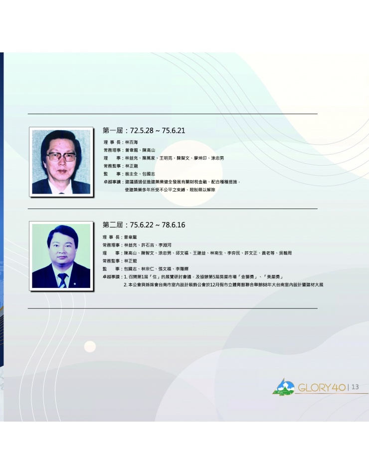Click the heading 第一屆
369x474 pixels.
(x=113, y=131)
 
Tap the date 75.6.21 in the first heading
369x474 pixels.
(x=174, y=131)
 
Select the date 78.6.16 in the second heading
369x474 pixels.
(x=174, y=225)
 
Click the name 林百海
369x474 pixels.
(x=132, y=142)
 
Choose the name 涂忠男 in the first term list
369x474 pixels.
(x=217, y=158)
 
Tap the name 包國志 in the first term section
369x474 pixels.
(x=149, y=174)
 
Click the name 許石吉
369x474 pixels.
(x=148, y=245)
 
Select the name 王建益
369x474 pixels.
(x=199, y=253)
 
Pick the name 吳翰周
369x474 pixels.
(x=285, y=253)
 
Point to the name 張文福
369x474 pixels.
(x=165, y=269)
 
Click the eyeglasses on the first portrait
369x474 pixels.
(x=62, y=157)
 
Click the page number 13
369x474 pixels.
(x=355, y=387)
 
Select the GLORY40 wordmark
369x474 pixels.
(x=322, y=388)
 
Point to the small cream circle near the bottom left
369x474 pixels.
(x=90, y=346)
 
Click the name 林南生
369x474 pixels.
(x=217, y=253)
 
